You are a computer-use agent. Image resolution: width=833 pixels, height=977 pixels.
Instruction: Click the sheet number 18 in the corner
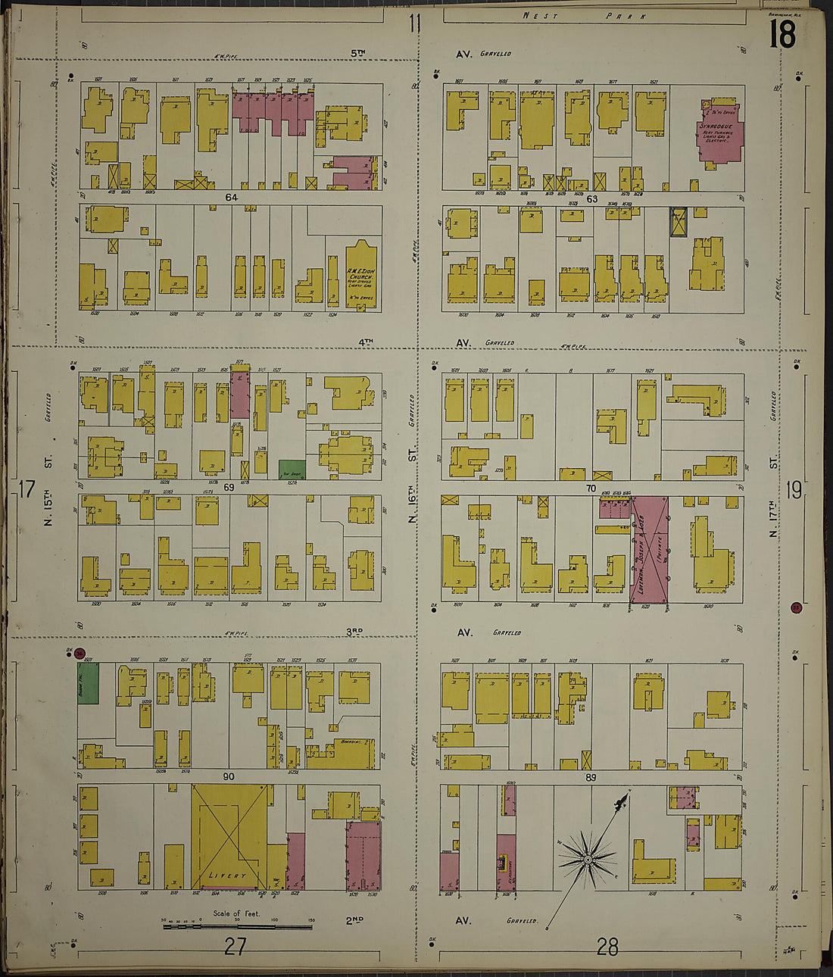(782, 34)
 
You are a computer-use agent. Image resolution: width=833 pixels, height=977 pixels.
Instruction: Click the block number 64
(231, 198)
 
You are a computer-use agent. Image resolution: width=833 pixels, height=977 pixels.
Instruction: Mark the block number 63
(591, 199)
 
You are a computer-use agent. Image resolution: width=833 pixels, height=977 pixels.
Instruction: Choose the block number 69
(229, 488)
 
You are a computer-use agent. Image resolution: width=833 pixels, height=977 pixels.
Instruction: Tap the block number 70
(591, 488)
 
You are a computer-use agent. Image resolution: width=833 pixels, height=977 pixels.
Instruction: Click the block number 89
(591, 778)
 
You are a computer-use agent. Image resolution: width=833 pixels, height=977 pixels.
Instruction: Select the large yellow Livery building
(229, 837)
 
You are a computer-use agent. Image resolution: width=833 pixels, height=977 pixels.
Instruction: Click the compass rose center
(587, 860)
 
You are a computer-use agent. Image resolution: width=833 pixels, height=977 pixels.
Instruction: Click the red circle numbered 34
(80, 654)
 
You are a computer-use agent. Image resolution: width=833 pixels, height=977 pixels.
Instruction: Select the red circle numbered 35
(795, 607)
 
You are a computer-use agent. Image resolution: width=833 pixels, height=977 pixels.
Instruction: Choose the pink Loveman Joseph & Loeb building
(650, 551)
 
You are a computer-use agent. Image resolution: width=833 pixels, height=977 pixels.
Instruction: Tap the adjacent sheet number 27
(235, 946)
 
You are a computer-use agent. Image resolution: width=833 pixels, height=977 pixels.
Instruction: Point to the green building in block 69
(292, 470)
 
